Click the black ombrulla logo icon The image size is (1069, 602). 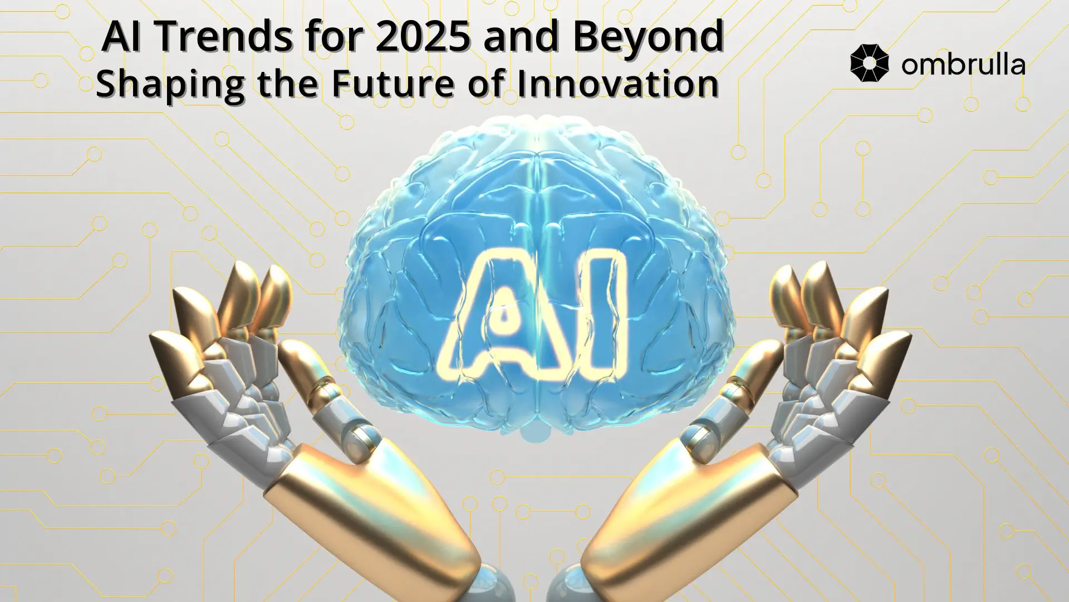(x=870, y=64)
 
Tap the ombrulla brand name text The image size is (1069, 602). (x=963, y=65)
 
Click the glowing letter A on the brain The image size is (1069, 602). (x=503, y=315)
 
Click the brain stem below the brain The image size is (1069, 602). (x=534, y=431)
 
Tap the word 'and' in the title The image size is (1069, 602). (x=521, y=36)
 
